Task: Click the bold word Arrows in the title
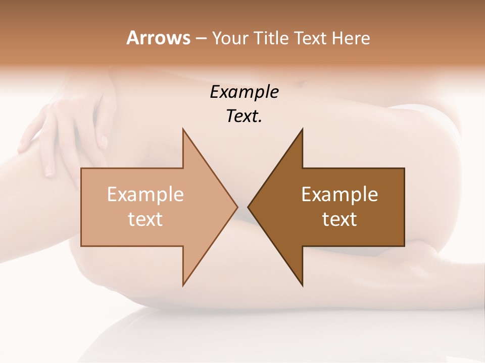click(159, 38)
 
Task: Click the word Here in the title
click(352, 38)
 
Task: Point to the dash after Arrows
click(201, 38)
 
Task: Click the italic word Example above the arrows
click(244, 92)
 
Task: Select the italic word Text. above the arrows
click(244, 116)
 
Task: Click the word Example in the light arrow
click(145, 194)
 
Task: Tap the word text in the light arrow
click(145, 219)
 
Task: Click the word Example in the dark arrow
click(339, 194)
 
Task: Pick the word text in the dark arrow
click(339, 219)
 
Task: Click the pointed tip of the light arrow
click(237, 207)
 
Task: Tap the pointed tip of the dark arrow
click(249, 207)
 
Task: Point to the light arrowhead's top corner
click(183, 130)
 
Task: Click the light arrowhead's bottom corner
click(183, 285)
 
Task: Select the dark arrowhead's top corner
click(302, 130)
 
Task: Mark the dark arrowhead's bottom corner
click(302, 285)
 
